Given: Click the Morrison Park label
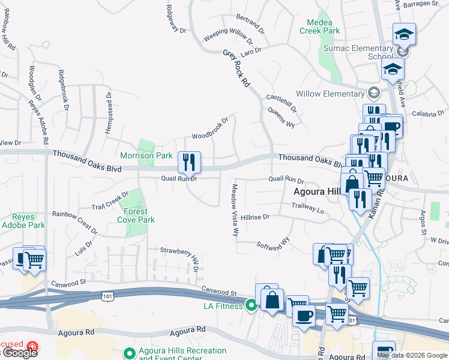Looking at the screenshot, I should (x=146, y=155).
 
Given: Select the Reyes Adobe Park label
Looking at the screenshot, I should (x=28, y=221).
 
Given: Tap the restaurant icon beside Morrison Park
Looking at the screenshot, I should (x=189, y=161).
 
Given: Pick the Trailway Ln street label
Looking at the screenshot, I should (x=307, y=208).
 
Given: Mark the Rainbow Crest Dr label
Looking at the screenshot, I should (x=75, y=222).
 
